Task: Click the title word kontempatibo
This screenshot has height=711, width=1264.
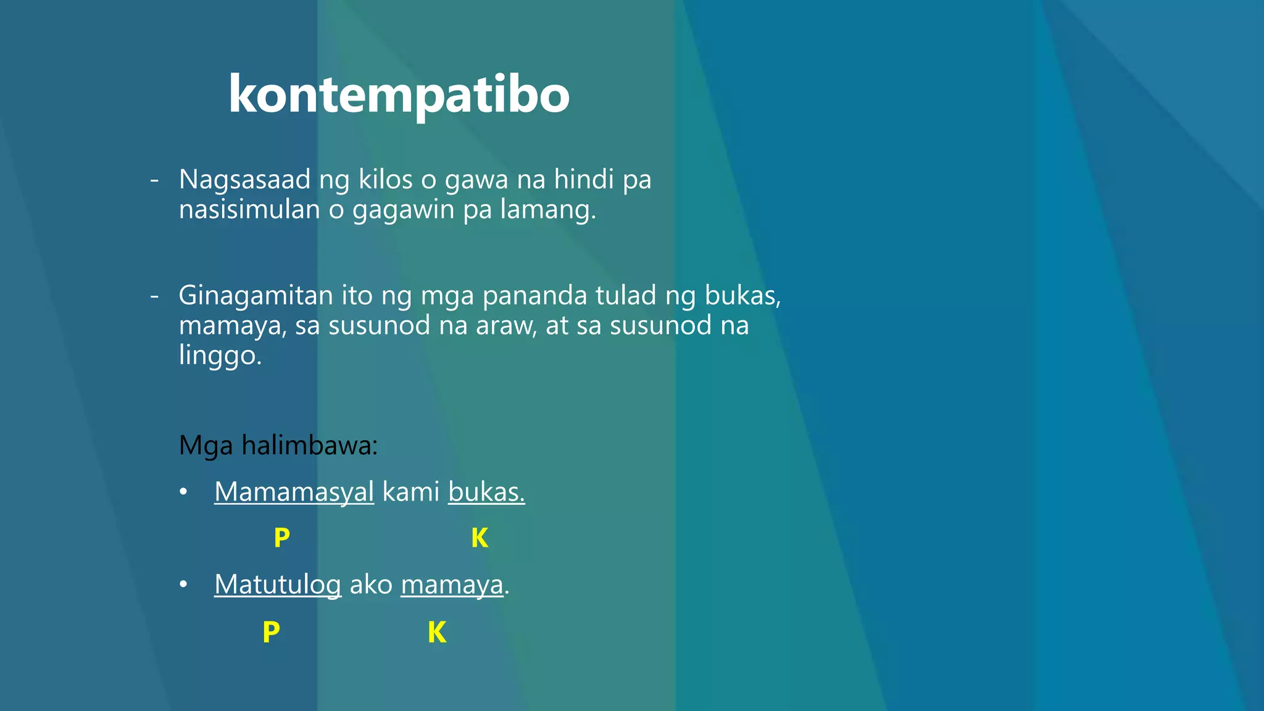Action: click(399, 94)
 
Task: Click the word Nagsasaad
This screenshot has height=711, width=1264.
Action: click(244, 180)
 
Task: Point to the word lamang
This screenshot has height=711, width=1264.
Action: click(547, 209)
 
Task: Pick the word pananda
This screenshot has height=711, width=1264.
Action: click(534, 296)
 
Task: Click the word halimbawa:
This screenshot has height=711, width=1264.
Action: click(310, 445)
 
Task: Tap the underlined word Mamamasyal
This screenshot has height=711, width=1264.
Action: click(294, 492)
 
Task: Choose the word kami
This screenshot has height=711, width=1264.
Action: click(411, 492)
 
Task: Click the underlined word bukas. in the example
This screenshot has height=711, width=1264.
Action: click(486, 492)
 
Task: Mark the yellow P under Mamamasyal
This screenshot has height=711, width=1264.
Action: click(282, 538)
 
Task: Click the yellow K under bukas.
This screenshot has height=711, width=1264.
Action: click(480, 538)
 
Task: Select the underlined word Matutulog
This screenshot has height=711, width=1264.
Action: click(278, 584)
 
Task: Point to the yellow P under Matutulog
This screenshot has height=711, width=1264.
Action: click(271, 633)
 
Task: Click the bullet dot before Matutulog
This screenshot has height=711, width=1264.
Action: click(183, 584)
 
